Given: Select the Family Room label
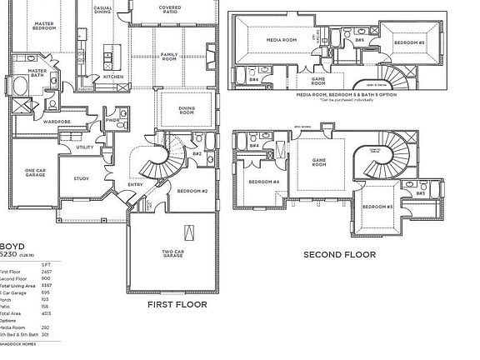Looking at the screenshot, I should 169,57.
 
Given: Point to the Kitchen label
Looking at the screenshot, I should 113,77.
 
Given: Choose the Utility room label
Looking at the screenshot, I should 85,147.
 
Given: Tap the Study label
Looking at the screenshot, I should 81,177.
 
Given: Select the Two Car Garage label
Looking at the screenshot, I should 173,256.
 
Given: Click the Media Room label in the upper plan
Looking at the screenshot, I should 282,39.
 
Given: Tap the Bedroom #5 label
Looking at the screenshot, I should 409,42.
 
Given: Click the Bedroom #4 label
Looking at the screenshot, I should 262,181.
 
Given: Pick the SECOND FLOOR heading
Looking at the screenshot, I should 339,255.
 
